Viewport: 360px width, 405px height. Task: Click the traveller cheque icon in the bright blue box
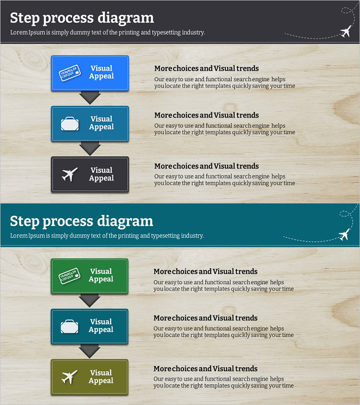(70, 73)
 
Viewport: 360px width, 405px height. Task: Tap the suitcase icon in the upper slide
(70, 124)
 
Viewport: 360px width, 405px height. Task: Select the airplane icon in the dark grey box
(69, 174)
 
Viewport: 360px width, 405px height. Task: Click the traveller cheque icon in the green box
(69, 276)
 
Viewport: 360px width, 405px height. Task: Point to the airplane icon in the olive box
(69, 377)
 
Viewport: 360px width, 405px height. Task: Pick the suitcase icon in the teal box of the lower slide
(69, 327)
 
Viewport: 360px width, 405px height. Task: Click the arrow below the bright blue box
(90, 98)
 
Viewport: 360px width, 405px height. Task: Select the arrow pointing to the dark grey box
(90, 148)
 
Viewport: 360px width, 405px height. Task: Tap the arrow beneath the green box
(90, 301)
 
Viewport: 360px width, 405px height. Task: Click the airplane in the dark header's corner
(346, 31)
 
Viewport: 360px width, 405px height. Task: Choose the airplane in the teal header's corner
(345, 234)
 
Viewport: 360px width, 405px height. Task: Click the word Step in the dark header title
(25, 18)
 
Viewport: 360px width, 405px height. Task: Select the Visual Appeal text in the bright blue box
(102, 72)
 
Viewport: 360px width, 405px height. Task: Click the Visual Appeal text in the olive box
(101, 377)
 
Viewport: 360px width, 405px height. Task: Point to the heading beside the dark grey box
(207, 166)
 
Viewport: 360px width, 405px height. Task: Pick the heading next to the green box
(205, 271)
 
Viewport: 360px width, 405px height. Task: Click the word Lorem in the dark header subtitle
(19, 32)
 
